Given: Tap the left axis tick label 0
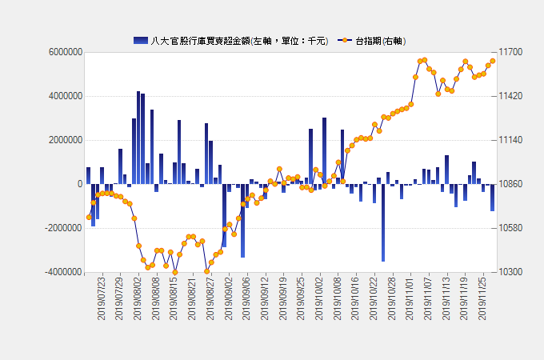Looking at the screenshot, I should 79,184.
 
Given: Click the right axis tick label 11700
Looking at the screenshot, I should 511,52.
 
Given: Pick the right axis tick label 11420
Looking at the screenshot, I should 511,96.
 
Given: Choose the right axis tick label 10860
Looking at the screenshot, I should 511,184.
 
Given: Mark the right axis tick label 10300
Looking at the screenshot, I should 511,272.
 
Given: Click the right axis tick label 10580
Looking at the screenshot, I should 511,228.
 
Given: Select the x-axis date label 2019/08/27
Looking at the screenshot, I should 210,298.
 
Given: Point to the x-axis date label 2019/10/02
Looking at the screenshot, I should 319,298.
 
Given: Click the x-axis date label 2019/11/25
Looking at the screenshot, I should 482,298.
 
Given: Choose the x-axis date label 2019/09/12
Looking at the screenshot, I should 265,298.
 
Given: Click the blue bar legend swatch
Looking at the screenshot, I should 141,40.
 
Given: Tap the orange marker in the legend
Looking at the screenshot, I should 345,40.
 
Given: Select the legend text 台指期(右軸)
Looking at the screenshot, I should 381,40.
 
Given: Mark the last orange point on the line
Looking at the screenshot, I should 492,61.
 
